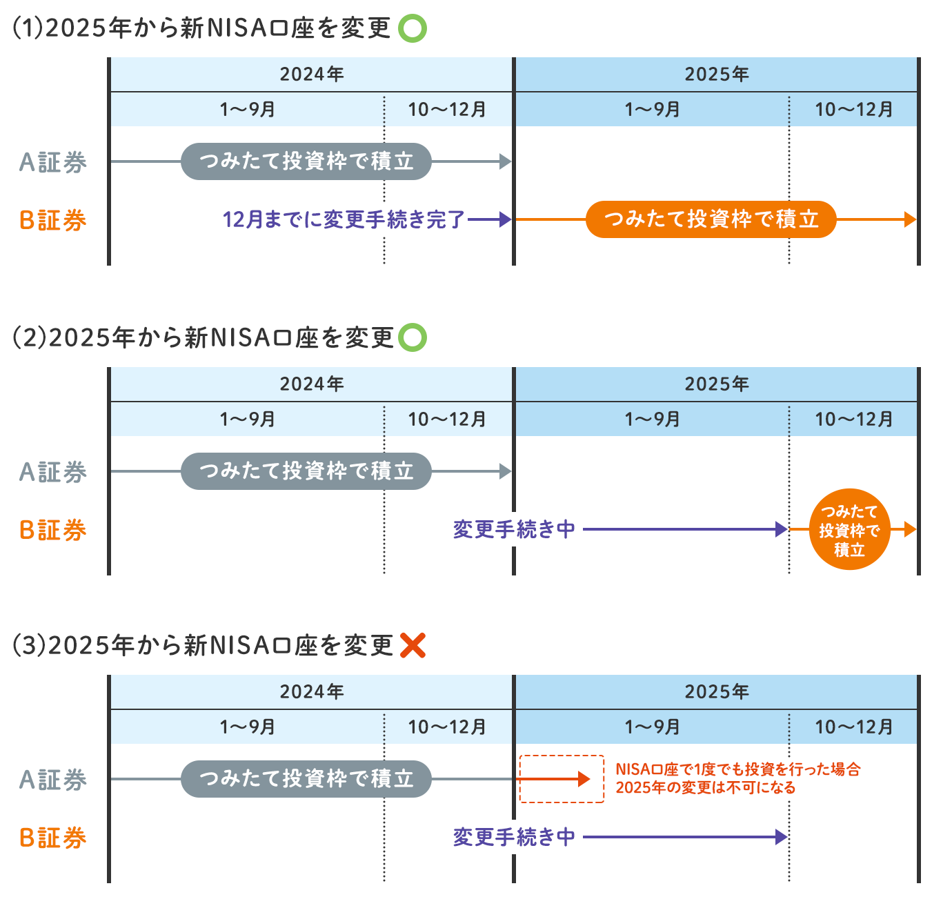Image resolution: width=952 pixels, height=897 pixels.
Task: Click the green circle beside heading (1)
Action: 413,29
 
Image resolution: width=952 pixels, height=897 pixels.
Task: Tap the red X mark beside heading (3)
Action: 413,645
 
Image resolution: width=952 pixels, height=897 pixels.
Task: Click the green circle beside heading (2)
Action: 413,338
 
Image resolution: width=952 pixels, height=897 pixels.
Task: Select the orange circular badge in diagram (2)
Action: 849,530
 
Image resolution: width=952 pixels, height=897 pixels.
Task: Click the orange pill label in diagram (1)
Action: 711,219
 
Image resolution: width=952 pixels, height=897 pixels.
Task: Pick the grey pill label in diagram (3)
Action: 306,779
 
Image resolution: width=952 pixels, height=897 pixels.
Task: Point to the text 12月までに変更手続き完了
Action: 344,219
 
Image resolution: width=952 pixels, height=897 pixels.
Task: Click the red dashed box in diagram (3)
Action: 562,779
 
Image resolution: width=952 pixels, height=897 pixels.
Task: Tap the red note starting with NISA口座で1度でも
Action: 737,778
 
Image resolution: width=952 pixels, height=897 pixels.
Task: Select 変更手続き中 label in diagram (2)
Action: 514,529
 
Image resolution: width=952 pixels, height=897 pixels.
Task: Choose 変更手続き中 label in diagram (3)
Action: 514,837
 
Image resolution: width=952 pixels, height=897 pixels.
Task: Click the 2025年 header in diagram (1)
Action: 716,75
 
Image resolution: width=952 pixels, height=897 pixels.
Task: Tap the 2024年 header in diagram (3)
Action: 312,692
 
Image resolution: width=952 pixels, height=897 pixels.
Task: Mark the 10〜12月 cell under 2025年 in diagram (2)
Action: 853,419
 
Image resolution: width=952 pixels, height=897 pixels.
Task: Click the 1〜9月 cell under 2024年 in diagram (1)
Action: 247,110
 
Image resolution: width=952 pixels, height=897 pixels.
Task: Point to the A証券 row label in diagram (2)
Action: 53,472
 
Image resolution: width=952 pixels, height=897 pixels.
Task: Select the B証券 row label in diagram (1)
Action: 53,221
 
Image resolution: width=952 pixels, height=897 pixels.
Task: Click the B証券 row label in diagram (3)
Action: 53,838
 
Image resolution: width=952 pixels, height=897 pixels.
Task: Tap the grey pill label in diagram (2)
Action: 306,471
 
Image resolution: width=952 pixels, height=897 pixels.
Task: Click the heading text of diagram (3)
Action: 204,646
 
